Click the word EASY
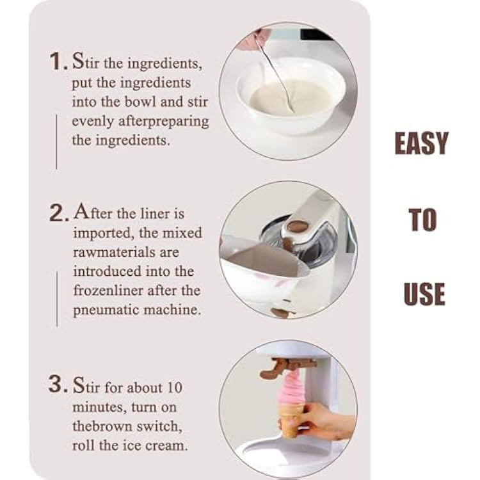pyautogui.click(x=422, y=143)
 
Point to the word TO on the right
pyautogui.click(x=422, y=219)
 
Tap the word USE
pyautogui.click(x=424, y=294)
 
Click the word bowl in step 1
pyautogui.click(x=140, y=102)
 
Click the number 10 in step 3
pyautogui.click(x=175, y=388)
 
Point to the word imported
pyautogui.click(x=104, y=234)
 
